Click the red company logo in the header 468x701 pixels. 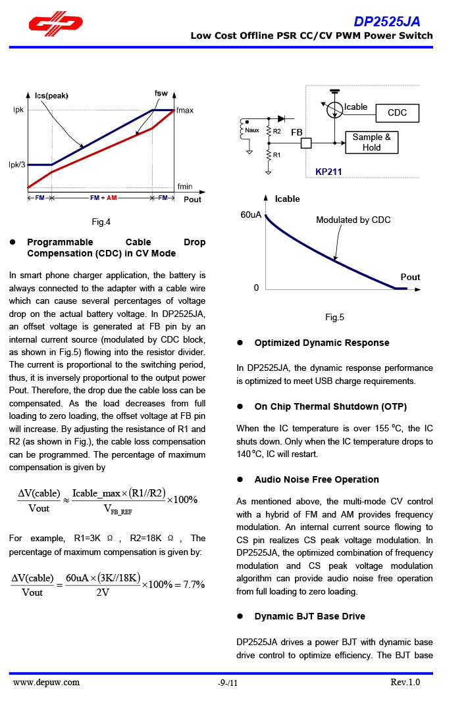click(x=55, y=25)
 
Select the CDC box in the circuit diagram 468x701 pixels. click(x=397, y=112)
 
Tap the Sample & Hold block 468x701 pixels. click(x=371, y=142)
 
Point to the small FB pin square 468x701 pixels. click(x=306, y=142)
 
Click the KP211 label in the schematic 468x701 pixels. click(x=328, y=172)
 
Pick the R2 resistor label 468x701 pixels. click(x=277, y=132)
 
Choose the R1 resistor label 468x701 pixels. click(x=277, y=155)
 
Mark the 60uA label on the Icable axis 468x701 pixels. click(x=251, y=215)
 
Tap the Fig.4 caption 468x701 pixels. click(x=101, y=222)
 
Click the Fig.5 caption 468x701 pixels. click(x=334, y=318)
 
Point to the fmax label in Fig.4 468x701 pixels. click(x=185, y=110)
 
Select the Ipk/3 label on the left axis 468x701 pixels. click(x=17, y=164)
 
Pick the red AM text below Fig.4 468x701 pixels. click(x=112, y=198)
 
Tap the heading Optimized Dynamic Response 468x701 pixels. click(x=322, y=343)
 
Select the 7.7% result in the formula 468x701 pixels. click(x=194, y=584)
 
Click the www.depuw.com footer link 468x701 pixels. click(x=47, y=682)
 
